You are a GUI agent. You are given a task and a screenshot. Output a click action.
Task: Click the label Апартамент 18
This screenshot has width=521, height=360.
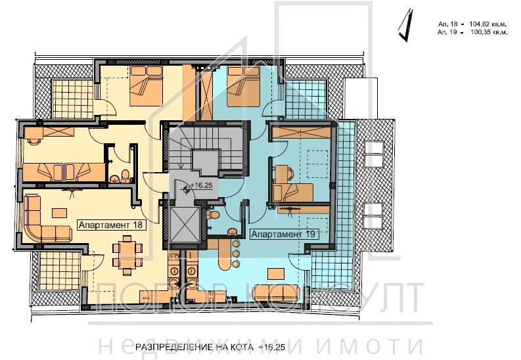(x=111, y=224)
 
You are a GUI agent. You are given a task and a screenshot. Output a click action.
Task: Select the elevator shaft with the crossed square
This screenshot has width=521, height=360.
(x=183, y=225)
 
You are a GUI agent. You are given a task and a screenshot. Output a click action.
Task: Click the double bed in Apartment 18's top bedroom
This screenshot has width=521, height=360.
(x=145, y=88)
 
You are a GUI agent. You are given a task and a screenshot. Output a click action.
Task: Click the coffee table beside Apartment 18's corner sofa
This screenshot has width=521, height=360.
(x=60, y=212)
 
